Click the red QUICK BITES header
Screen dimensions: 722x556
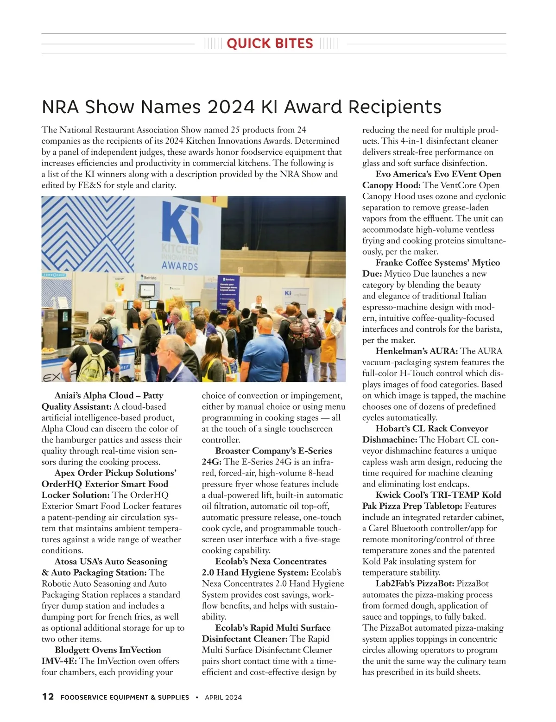tap(270, 44)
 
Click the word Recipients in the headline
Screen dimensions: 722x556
tap(394, 107)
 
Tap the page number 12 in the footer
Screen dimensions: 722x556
tap(48, 697)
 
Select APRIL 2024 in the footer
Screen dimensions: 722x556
tap(223, 697)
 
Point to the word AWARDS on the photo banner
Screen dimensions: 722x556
tap(180, 266)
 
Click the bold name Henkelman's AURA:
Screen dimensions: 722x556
tap(417, 351)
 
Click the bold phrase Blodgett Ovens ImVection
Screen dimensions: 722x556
tap(108, 650)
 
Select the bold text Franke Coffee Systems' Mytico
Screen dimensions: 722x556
tap(438, 263)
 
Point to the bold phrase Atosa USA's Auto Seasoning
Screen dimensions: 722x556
tap(111, 562)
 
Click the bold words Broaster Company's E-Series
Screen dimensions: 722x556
tap(273, 451)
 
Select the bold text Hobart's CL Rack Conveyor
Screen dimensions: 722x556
tap(432, 429)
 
